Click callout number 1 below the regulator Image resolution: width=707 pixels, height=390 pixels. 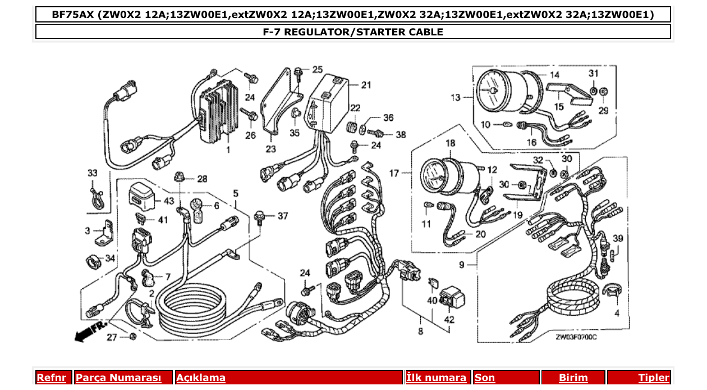[228, 151]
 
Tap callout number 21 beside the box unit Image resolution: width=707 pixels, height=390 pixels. [366, 85]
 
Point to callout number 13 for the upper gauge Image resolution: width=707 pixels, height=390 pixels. [455, 97]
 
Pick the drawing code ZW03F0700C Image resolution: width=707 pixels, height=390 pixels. [576, 337]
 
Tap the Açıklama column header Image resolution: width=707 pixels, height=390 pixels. [201, 378]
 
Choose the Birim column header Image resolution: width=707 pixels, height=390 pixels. [573, 378]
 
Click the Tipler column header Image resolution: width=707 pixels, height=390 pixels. [653, 378]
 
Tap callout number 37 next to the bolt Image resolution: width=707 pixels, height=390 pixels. [282, 216]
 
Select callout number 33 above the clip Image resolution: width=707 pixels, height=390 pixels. [92, 173]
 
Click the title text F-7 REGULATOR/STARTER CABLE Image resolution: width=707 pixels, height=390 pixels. [353, 32]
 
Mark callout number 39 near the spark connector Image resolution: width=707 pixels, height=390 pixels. [618, 239]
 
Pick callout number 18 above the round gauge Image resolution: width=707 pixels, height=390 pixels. [450, 144]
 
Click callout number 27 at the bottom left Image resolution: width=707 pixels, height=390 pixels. [112, 337]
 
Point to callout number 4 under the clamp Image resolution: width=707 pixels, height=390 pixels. [617, 313]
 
